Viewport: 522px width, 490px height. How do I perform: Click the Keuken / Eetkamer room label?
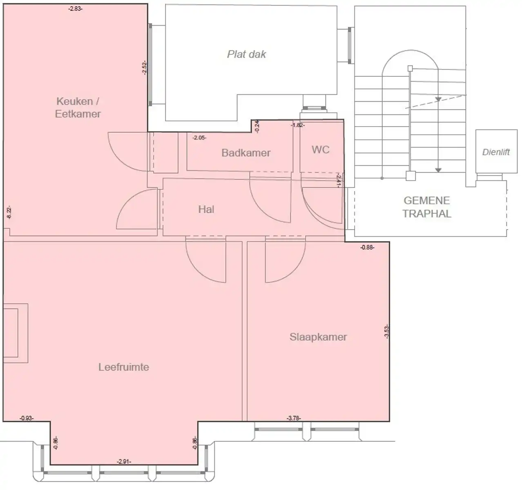pos(78,107)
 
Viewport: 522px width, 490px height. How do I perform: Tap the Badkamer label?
pos(246,153)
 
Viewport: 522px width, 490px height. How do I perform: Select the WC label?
pos(320,149)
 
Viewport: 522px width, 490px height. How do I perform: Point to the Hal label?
pos(206,209)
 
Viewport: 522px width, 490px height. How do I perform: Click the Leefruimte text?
pos(123,367)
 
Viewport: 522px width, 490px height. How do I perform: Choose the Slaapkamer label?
pos(318,337)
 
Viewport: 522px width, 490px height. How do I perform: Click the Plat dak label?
pos(246,54)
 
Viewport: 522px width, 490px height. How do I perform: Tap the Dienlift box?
pos(496,152)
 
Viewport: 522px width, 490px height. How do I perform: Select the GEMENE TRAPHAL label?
pos(426,207)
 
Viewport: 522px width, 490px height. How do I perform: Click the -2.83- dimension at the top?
pos(75,8)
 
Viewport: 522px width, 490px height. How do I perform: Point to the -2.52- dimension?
pos(144,68)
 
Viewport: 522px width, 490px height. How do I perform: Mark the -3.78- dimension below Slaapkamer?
pos(294,418)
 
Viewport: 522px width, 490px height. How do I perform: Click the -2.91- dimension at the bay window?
pos(124,461)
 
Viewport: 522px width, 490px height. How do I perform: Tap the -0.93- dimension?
pos(27,418)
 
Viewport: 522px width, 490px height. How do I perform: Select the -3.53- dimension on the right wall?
pos(386,331)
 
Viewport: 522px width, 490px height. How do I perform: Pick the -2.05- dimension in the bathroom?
pos(199,138)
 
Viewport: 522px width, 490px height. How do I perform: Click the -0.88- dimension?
pos(367,247)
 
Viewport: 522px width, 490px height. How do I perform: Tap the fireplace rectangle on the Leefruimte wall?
pos(15,333)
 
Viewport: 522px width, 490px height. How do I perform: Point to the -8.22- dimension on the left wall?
pos(9,212)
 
